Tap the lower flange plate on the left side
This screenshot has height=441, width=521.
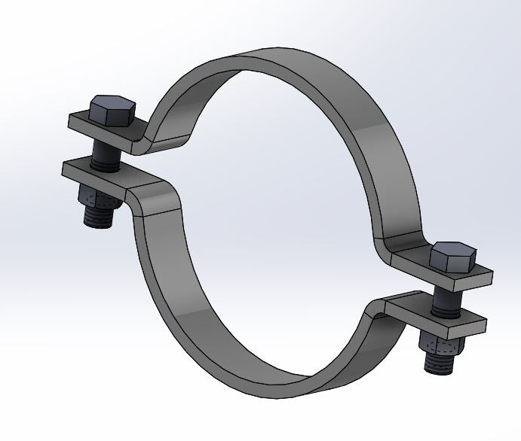pos(98,174)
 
